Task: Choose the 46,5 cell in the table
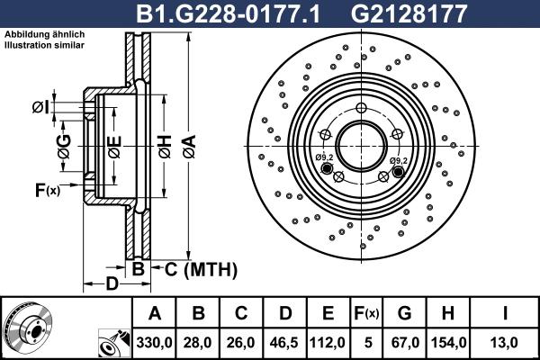(285, 342)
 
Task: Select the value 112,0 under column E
(328, 342)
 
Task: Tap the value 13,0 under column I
(507, 342)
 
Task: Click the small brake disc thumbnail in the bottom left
(27, 326)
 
